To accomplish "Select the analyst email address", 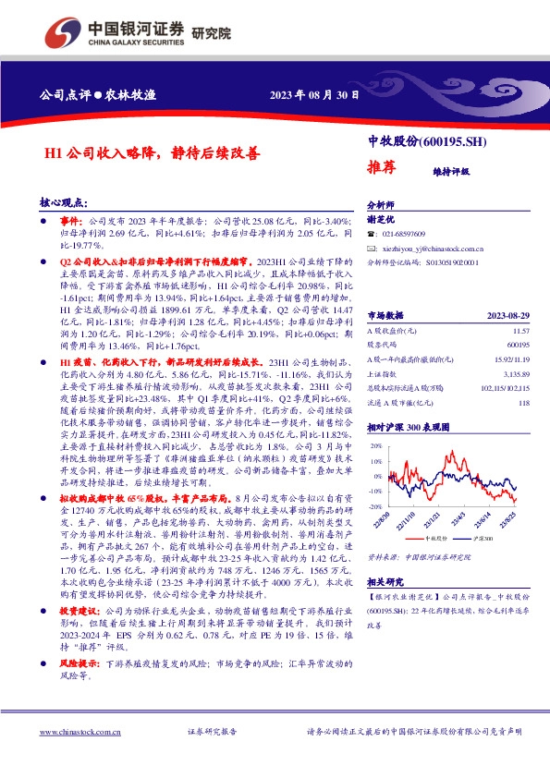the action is [x=433, y=249].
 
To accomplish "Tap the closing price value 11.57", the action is [x=520, y=303].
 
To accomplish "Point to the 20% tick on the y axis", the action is [x=377, y=445].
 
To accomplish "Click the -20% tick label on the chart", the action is [x=376, y=507].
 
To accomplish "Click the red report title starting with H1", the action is [x=141, y=154].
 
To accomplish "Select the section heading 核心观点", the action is [x=64, y=201].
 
